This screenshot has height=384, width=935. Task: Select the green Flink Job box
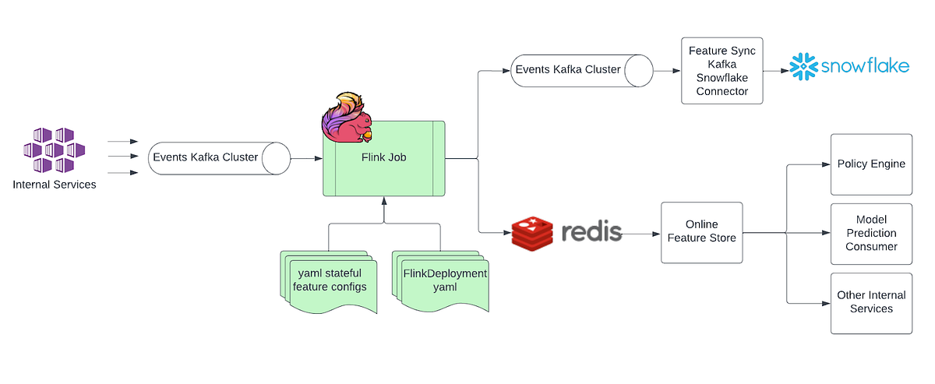click(383, 159)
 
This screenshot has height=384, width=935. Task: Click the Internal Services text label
click(55, 185)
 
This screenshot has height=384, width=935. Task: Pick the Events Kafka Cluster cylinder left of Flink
click(218, 158)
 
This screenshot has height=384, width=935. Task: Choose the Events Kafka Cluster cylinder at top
click(581, 70)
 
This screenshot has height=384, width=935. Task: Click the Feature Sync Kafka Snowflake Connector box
click(722, 70)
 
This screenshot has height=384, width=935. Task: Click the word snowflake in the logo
click(865, 67)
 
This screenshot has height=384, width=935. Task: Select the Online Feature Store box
click(701, 232)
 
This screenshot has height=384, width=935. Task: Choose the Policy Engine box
click(870, 164)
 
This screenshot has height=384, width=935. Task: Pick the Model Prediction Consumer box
click(870, 232)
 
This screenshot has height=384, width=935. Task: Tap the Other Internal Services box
click(870, 302)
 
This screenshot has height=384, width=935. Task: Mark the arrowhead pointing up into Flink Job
click(383, 201)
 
